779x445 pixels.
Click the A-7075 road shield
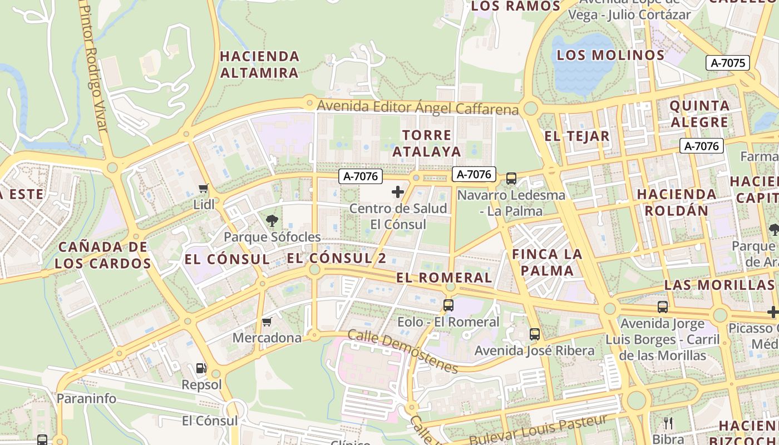[x=728, y=63]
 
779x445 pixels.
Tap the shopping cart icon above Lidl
[x=204, y=189]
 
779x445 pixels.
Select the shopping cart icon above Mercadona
[x=267, y=322]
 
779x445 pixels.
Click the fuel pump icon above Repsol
[x=201, y=368]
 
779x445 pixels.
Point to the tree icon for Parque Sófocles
[x=272, y=221]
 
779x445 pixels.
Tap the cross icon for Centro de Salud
[x=398, y=192]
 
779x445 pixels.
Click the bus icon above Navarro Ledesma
[x=511, y=179]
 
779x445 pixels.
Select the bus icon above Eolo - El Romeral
[x=448, y=305]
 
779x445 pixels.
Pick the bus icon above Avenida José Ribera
[x=535, y=334]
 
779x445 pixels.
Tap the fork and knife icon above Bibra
[x=668, y=423]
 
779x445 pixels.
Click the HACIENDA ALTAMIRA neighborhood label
[x=260, y=65]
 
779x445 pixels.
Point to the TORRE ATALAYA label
[x=427, y=143]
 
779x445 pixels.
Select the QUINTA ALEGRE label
[x=699, y=113]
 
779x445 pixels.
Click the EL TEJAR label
[x=576, y=136]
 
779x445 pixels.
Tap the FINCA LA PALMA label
[x=546, y=263]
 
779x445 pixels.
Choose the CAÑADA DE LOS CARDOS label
[x=103, y=255]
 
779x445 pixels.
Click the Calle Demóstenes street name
[x=403, y=351]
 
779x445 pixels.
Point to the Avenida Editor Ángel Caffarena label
[x=417, y=107]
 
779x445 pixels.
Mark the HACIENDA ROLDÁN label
[x=677, y=202]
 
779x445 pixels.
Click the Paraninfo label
[x=86, y=398]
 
